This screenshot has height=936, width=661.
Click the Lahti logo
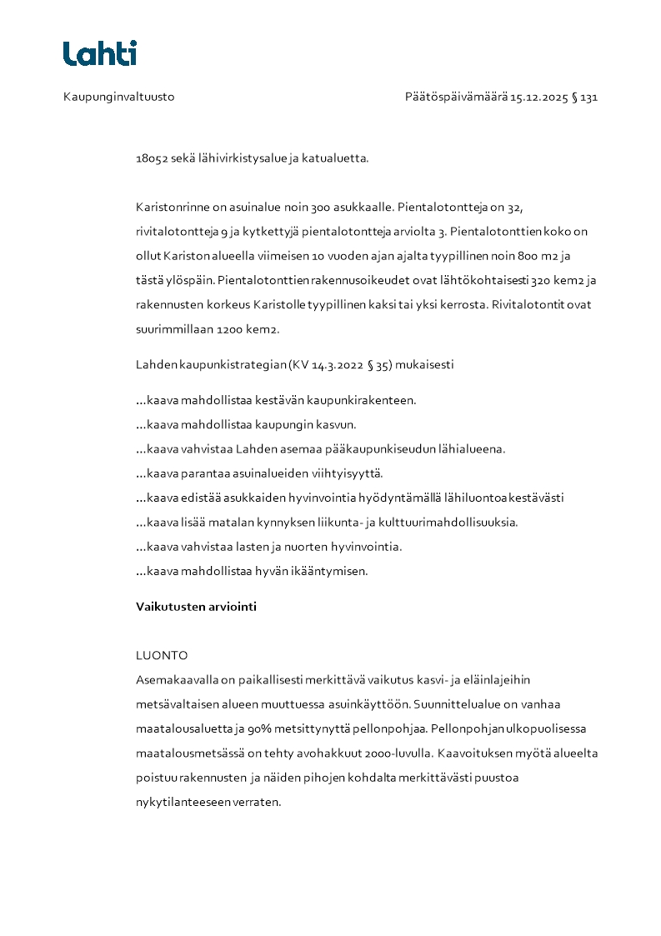pyautogui.click(x=99, y=53)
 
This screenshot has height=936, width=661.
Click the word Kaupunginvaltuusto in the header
pyautogui.click(x=118, y=97)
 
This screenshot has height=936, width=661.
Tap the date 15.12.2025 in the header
pyautogui.click(x=538, y=97)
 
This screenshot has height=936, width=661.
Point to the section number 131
pyautogui.click(x=589, y=97)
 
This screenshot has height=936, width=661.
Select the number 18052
pyautogui.click(x=152, y=158)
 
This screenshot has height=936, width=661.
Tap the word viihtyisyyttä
pyautogui.click(x=344, y=473)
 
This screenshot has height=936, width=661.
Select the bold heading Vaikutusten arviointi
pyautogui.click(x=196, y=607)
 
